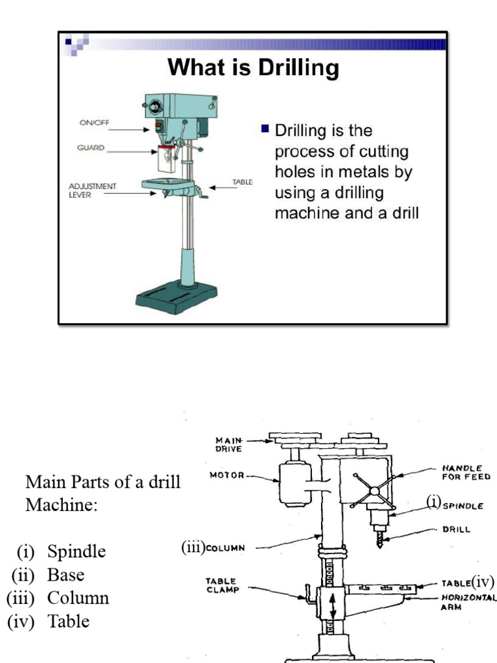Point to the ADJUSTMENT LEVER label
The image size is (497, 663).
tap(93, 190)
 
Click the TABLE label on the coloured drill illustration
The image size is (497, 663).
tap(243, 183)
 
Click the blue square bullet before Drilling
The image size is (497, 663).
tap(265, 129)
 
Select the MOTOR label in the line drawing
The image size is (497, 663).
tap(226, 475)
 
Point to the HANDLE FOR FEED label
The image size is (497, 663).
tap(466, 472)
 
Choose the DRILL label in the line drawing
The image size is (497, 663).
tap(456, 528)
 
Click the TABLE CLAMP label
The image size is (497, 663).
tap(221, 585)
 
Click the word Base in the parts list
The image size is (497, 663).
tap(65, 574)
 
